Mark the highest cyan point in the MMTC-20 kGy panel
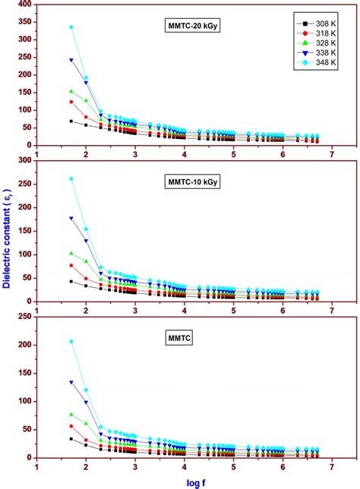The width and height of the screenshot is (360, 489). [x=71, y=27]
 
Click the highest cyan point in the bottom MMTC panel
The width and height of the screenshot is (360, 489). [x=71, y=342]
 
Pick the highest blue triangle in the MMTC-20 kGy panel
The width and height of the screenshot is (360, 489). [x=71, y=60]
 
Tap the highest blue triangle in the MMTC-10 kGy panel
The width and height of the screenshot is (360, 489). [x=71, y=219]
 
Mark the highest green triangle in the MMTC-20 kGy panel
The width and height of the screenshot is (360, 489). [x=71, y=92]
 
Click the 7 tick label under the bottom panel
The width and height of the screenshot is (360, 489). [x=332, y=468]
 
